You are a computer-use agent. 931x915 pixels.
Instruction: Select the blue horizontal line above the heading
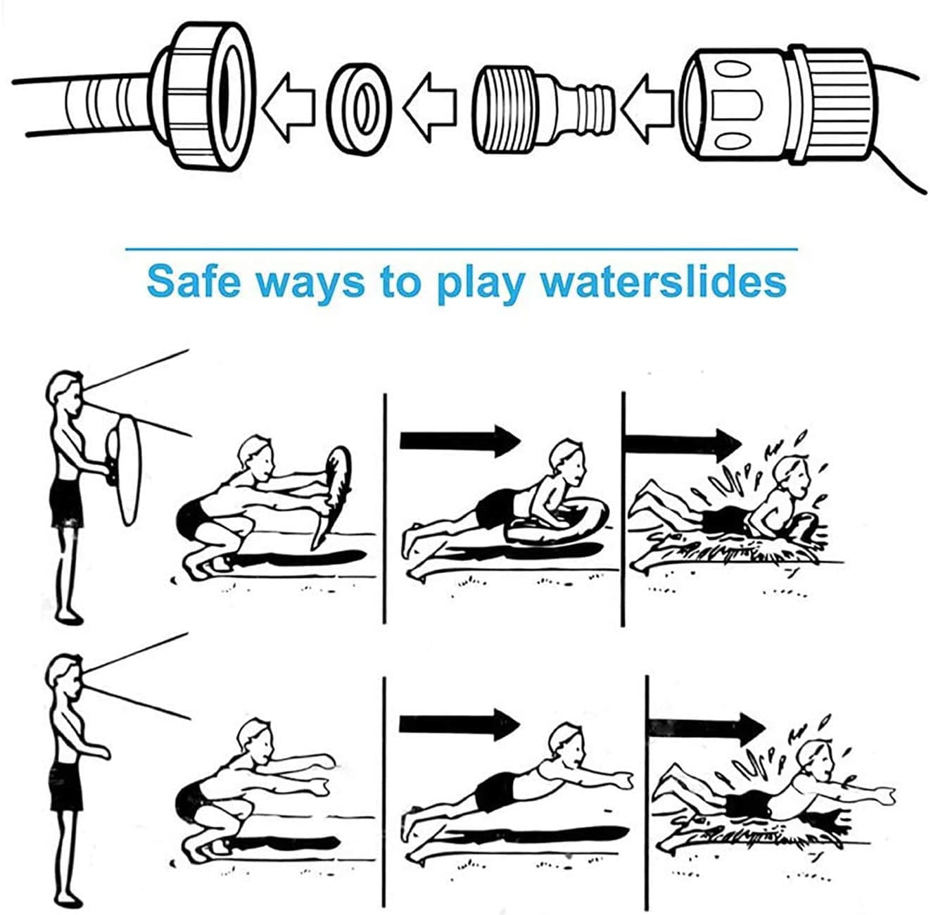click(461, 248)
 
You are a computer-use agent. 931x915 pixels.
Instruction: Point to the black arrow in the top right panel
click(683, 443)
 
